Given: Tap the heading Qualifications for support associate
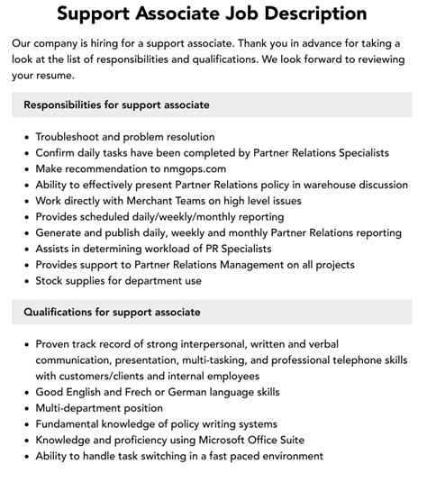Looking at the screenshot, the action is tap(112, 312).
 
